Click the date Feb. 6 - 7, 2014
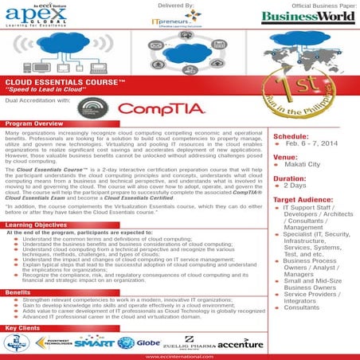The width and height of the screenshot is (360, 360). tap(314, 146)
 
